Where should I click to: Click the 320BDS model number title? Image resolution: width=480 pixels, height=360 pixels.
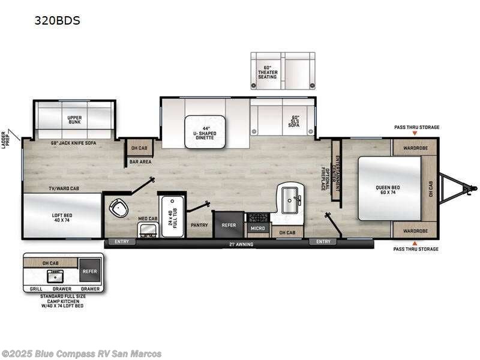point(58,20)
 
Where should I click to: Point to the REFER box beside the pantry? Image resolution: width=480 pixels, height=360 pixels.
point(229,225)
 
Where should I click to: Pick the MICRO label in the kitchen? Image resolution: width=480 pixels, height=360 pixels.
point(257,229)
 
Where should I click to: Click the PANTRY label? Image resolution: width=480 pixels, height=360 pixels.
point(199,225)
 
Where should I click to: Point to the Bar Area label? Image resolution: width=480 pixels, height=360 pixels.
point(140,161)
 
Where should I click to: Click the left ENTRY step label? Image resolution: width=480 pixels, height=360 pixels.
point(122,242)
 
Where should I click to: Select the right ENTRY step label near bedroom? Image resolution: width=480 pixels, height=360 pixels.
point(323,242)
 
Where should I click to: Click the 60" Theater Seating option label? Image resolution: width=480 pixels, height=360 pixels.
point(268,72)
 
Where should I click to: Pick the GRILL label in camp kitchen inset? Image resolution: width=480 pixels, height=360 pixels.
point(35,289)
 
